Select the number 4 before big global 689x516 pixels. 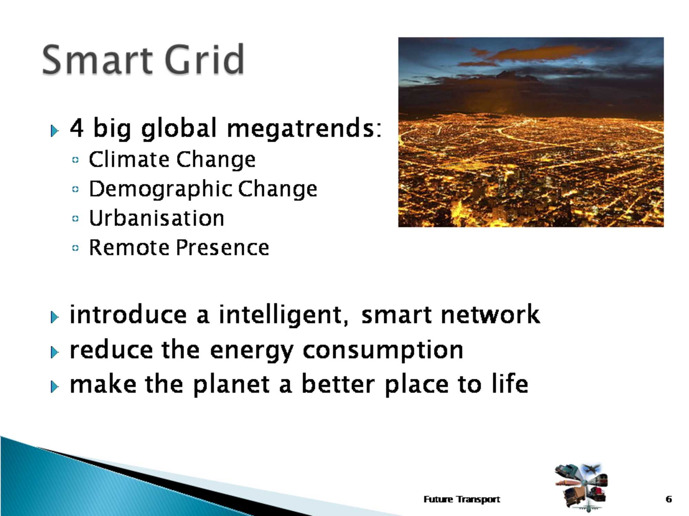click(x=77, y=128)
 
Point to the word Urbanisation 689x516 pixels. click(x=157, y=218)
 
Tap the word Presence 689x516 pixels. click(x=223, y=247)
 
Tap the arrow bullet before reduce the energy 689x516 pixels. click(x=54, y=352)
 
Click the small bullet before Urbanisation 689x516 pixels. click(x=75, y=218)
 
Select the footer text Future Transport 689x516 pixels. click(x=462, y=499)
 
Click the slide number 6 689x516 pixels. click(x=669, y=499)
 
